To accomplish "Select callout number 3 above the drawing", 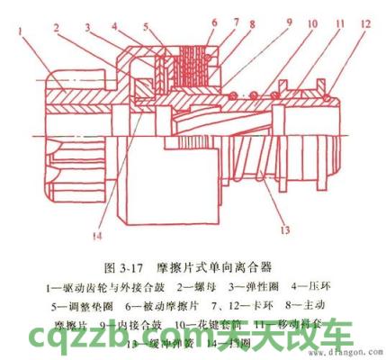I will (91, 29).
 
